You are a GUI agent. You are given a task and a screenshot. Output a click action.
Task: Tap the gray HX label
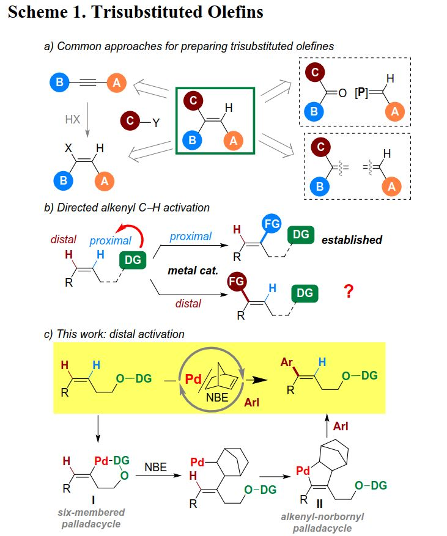(x=73, y=120)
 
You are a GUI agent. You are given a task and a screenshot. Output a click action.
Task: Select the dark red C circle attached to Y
(x=130, y=120)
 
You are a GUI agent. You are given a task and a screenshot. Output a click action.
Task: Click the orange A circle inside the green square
(x=232, y=140)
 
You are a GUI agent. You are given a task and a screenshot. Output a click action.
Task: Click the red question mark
(x=349, y=292)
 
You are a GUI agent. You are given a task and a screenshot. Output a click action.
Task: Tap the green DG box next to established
(x=301, y=235)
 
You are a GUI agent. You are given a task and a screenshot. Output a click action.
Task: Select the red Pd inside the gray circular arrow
(x=194, y=380)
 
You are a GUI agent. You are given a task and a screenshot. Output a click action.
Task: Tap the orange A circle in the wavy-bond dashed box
(x=392, y=186)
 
